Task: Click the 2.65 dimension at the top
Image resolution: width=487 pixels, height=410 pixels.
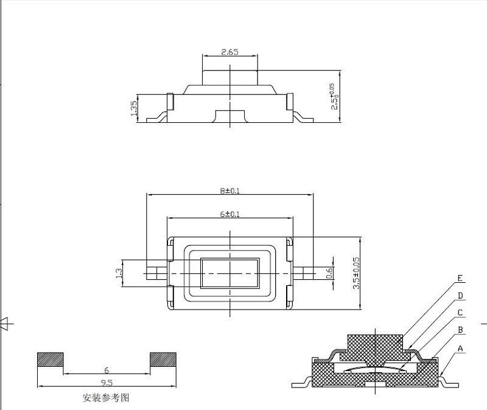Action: (x=230, y=52)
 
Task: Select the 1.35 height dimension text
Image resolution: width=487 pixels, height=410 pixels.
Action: (x=134, y=108)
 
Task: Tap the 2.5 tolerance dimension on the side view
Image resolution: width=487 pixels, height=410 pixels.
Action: (x=335, y=96)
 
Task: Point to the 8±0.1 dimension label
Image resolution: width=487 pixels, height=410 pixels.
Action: (x=230, y=190)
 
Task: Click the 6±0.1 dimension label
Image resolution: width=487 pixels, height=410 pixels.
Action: (x=230, y=214)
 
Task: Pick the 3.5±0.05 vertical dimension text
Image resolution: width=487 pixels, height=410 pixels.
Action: (x=356, y=273)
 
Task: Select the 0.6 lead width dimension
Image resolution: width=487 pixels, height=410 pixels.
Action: (x=329, y=273)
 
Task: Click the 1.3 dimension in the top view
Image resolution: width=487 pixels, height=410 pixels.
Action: (x=119, y=273)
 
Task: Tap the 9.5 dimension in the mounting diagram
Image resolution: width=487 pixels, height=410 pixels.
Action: (x=107, y=383)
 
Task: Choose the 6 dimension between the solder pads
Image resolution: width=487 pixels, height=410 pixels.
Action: (x=107, y=370)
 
